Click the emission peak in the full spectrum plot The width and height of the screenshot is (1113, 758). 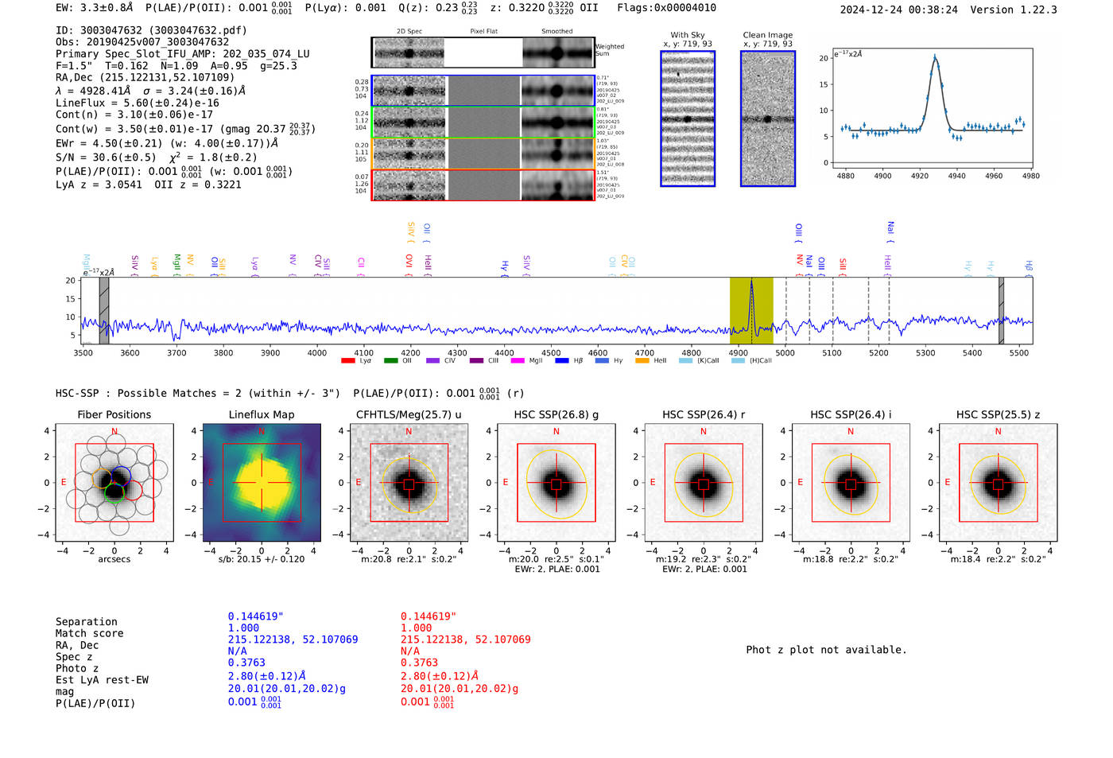pos(751,281)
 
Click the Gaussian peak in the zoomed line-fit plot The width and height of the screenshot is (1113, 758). pos(935,56)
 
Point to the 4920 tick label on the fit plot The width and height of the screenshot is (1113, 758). pos(920,176)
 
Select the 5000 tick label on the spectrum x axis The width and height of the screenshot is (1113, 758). pos(785,353)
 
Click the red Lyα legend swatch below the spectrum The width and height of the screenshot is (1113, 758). pos(347,361)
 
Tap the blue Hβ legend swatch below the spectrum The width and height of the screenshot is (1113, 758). pos(562,361)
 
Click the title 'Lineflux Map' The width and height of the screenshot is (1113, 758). pos(262,414)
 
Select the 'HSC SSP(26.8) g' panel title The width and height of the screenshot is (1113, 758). pos(556,414)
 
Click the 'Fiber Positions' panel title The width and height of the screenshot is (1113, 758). pos(114,414)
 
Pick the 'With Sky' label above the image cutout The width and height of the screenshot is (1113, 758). pos(688,35)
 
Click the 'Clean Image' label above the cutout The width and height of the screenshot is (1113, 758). pos(767,35)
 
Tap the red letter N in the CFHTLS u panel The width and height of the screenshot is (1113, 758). pos(409,432)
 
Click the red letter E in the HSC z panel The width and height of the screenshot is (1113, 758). pos(948,482)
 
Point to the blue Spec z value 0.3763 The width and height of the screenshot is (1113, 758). pos(246,663)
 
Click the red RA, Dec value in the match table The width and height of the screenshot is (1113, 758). pos(465,639)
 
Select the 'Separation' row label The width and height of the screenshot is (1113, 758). pos(87,622)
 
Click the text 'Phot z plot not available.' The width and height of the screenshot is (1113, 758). pos(826,650)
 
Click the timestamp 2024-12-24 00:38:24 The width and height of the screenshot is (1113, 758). pos(899,10)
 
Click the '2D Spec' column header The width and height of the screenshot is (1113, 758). pos(409,32)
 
